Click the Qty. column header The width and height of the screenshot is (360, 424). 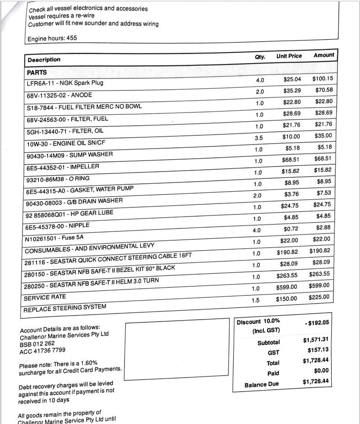coord(260,57)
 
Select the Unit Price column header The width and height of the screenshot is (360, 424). coord(289,56)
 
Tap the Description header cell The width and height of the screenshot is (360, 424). coord(44,59)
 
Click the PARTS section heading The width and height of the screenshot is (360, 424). coord(37,72)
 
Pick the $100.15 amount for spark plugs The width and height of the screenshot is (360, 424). coord(322,79)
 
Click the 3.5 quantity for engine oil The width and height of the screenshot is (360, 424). coord(259,138)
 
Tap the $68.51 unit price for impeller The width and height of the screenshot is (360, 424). coord(291,160)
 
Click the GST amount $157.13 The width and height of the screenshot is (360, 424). coord(318,350)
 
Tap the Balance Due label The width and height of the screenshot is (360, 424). coord(261,384)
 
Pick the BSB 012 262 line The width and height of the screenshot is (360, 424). coord(37,343)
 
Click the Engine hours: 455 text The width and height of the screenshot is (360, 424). coord(52,38)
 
